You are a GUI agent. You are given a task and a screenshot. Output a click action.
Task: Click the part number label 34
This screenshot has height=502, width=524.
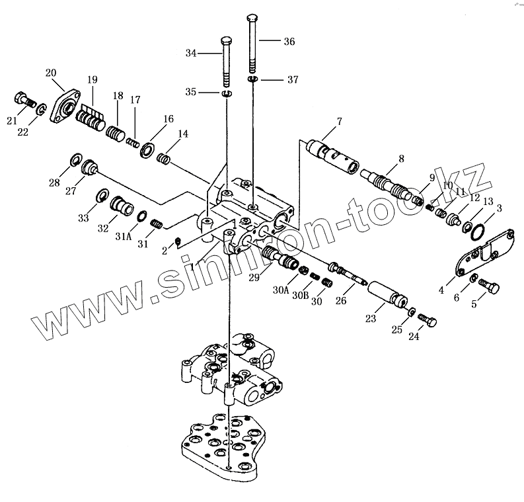192,52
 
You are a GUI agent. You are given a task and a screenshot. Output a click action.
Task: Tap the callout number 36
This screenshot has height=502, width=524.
289,41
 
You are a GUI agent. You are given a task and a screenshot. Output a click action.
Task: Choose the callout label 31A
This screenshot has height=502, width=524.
124,235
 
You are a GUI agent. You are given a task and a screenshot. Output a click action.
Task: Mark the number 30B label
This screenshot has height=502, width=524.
301,295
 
